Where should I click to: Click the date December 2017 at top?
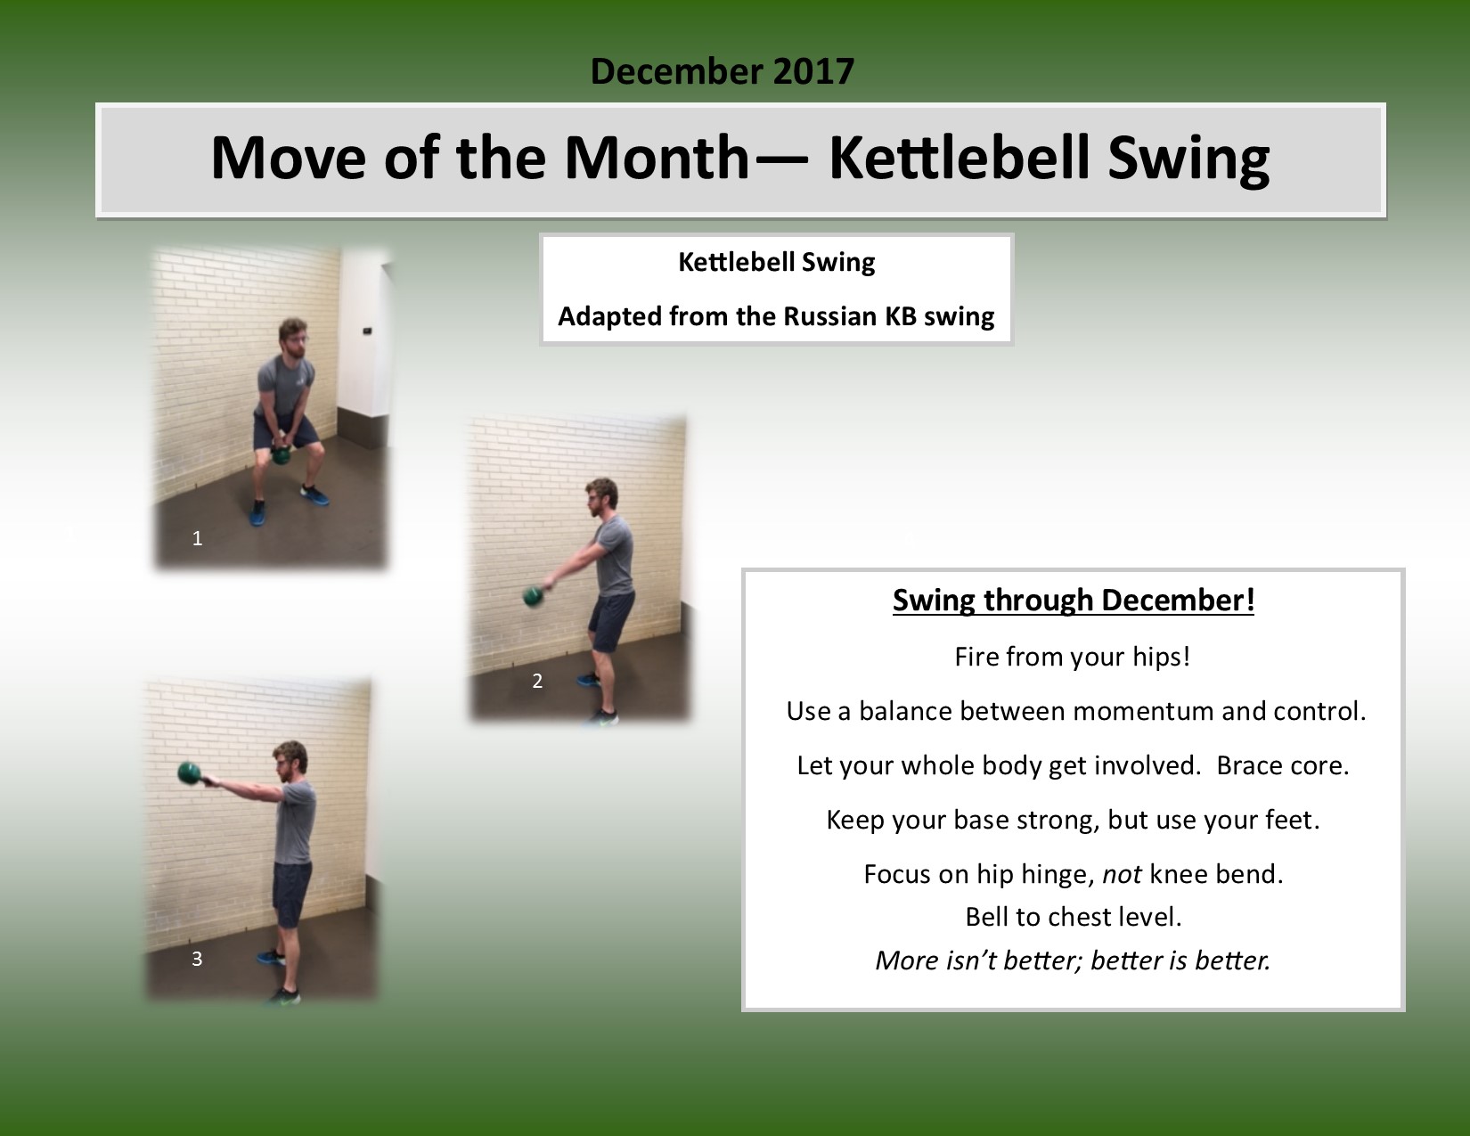click(x=722, y=71)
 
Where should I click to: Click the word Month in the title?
click(x=657, y=158)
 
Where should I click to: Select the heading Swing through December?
click(x=1074, y=601)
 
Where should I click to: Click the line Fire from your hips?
click(x=1073, y=657)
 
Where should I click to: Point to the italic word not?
click(x=1123, y=874)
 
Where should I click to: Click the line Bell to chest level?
click(x=1074, y=917)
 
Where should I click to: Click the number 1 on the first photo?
click(x=197, y=538)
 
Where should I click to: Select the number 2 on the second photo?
click(x=537, y=681)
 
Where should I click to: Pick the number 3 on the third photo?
click(x=197, y=959)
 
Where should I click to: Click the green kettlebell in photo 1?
click(x=281, y=454)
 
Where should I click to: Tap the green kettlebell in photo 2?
click(x=533, y=596)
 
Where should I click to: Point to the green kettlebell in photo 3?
click(x=189, y=772)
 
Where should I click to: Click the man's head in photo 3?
click(x=291, y=761)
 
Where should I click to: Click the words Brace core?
click(x=1283, y=765)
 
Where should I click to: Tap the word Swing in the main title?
click(x=1188, y=159)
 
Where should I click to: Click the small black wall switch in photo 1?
click(x=367, y=331)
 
